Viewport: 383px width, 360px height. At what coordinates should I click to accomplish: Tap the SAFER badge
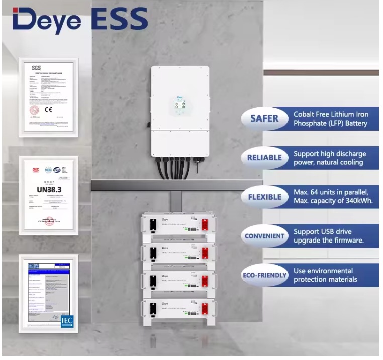click(x=264, y=118)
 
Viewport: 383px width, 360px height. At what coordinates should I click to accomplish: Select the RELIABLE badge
click(x=264, y=158)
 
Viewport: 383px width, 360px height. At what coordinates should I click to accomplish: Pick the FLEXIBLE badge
click(x=264, y=197)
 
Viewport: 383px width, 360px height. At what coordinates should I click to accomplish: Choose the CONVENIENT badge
click(x=264, y=236)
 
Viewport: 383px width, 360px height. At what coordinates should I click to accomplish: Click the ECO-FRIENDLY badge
click(x=264, y=275)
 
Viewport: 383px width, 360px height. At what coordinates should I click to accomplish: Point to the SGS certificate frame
click(x=49, y=96)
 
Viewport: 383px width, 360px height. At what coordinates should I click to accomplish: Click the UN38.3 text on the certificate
click(x=49, y=190)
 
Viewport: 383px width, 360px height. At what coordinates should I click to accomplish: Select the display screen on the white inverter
click(x=180, y=107)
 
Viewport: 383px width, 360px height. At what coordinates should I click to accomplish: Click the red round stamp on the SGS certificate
click(x=35, y=110)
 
